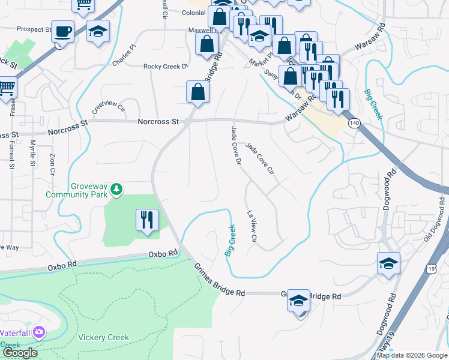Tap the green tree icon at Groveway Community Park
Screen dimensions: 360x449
(x=116, y=190)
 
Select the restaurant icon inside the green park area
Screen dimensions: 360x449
(x=147, y=220)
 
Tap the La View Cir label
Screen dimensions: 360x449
(x=252, y=227)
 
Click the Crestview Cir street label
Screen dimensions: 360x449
(x=108, y=108)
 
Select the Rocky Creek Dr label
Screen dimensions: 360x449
(x=166, y=67)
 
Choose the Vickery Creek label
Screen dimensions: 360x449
(x=103, y=337)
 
